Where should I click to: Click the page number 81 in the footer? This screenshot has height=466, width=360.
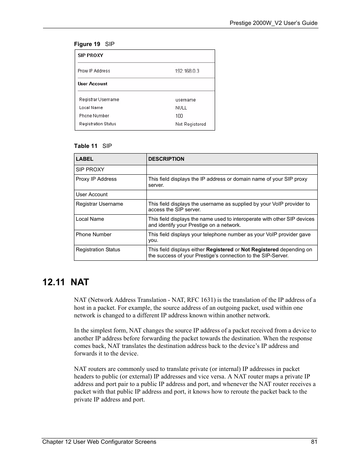[x=314, y=442]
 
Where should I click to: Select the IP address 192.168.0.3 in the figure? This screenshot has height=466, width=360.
[x=187, y=71]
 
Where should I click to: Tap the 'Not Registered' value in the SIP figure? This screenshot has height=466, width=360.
[x=191, y=124]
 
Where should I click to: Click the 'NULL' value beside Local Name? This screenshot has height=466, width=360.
[x=181, y=108]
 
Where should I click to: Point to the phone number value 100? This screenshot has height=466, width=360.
[x=179, y=116]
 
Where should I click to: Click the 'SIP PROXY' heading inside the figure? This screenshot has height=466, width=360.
[x=90, y=55]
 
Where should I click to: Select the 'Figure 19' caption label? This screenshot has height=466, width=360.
[x=87, y=44]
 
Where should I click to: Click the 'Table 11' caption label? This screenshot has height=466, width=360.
[x=86, y=146]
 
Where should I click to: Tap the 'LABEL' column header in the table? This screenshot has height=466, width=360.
[x=85, y=159]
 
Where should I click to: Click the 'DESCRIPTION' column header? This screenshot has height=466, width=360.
[x=166, y=159]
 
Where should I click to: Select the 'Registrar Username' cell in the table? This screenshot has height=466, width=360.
[x=99, y=204]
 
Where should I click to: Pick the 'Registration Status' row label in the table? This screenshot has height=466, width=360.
[x=98, y=250]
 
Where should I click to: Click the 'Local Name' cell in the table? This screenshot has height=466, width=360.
[x=90, y=219]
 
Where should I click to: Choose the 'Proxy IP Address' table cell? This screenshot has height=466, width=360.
[x=96, y=179]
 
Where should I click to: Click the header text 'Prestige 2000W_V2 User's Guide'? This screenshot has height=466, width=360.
[x=274, y=23]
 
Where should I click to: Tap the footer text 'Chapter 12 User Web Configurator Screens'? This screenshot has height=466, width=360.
[x=99, y=442]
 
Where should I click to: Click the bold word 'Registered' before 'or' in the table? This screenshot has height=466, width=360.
[x=220, y=250]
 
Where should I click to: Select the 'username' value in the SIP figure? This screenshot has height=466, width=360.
[x=185, y=100]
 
